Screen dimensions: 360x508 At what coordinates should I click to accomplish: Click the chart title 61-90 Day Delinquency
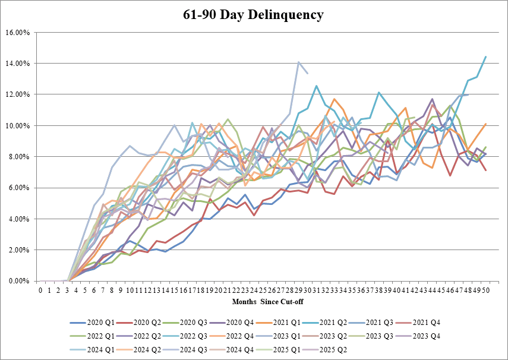coord(254,15)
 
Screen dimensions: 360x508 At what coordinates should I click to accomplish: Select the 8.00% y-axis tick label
coord(18,156)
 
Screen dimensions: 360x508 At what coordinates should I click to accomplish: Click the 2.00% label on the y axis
coord(18,250)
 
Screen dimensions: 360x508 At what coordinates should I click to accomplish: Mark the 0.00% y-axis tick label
coord(18,281)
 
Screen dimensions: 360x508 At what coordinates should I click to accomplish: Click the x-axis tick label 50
coord(486,290)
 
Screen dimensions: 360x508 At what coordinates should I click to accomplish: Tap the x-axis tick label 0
coord(40,290)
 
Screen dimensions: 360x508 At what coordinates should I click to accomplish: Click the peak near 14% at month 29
coord(299,62)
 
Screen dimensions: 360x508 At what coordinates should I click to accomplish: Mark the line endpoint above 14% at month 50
coord(486,57)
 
